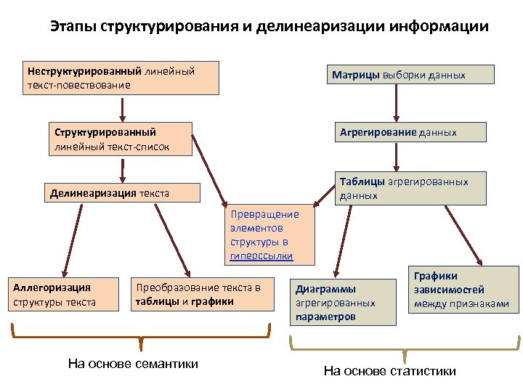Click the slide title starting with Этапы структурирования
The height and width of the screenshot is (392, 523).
(x=269, y=28)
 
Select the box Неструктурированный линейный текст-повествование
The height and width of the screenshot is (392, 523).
(x=122, y=78)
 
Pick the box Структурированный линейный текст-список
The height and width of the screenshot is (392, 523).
(x=121, y=139)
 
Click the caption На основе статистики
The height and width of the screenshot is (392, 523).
(x=390, y=371)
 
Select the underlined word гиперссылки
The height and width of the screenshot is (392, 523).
(x=261, y=256)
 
